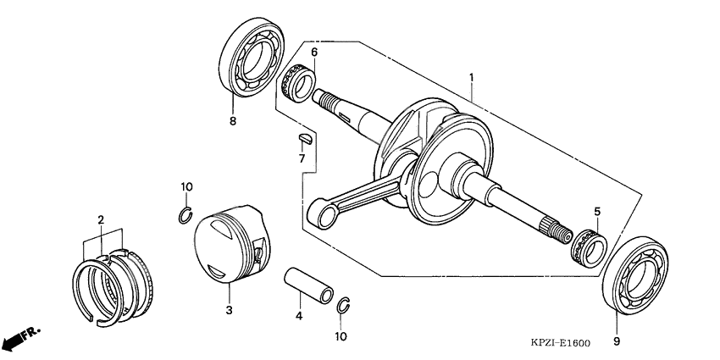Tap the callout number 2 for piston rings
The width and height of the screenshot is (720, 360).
(x=101, y=220)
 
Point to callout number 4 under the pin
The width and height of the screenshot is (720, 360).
(x=298, y=317)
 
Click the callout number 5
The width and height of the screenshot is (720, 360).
(x=596, y=212)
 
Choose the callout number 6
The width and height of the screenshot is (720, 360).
(x=313, y=53)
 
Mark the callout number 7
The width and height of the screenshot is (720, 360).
(x=301, y=158)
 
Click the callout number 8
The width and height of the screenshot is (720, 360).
(x=233, y=121)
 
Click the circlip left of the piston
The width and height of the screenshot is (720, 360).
(x=186, y=216)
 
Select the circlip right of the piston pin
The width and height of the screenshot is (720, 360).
(x=344, y=306)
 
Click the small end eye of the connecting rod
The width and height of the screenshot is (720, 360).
(x=323, y=213)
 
